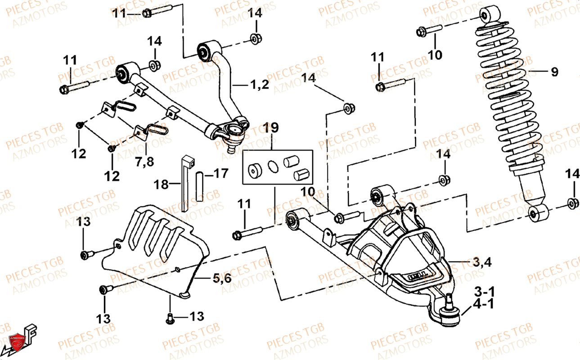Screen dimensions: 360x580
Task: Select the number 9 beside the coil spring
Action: click(x=554, y=72)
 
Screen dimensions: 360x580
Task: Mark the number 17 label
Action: click(x=220, y=173)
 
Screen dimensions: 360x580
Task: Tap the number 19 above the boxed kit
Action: click(x=271, y=128)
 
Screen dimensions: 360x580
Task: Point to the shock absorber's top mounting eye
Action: click(x=487, y=15)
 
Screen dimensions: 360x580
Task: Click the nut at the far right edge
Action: click(x=573, y=203)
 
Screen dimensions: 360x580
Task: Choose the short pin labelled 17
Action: click(x=200, y=186)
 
